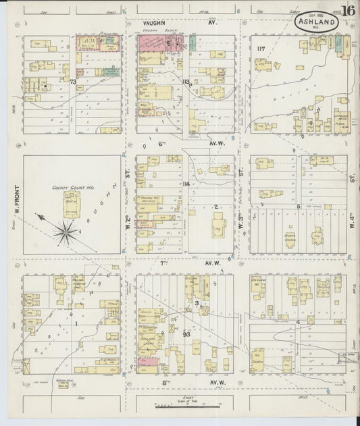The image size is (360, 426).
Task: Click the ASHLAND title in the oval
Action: (x=316, y=22)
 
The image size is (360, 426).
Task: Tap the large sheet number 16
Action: (x=349, y=11)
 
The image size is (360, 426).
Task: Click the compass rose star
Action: (x=66, y=232)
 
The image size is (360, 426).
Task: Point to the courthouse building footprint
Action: (x=72, y=204)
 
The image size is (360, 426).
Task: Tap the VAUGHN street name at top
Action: (x=154, y=23)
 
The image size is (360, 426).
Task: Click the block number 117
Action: (x=261, y=49)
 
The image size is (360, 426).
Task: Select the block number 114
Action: (x=186, y=183)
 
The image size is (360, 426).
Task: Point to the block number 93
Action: (x=187, y=334)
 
